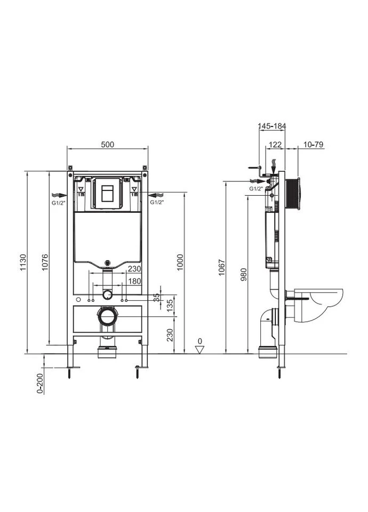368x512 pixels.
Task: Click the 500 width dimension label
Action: click(107, 144)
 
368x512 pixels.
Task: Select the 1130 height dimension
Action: click(23, 262)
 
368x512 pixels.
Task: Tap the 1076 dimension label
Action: click(45, 262)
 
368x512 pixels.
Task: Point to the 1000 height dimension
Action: click(180, 262)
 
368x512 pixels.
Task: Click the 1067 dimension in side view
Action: click(222, 267)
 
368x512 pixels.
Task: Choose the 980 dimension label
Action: click(244, 274)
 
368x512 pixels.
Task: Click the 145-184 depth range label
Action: click(271, 126)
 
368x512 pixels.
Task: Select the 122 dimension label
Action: click(275, 145)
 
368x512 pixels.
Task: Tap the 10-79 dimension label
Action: click(313, 145)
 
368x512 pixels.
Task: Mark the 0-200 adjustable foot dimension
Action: click(40, 383)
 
